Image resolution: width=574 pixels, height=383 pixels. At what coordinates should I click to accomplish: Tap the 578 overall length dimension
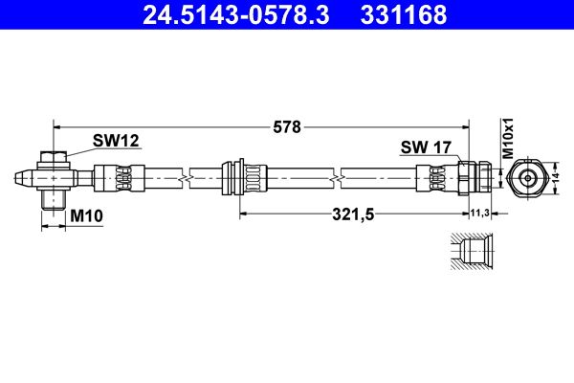tap(287, 125)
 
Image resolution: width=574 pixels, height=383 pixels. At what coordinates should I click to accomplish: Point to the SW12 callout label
tap(116, 141)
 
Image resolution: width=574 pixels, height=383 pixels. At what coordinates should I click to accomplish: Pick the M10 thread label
tap(86, 216)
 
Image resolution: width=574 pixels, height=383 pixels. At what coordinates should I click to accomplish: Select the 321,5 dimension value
tap(353, 214)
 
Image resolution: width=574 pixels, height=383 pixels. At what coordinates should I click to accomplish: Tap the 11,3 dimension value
tap(479, 214)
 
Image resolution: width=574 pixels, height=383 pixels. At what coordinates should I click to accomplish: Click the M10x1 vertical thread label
tap(510, 140)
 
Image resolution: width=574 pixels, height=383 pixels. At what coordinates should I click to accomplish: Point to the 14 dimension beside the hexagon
tap(557, 177)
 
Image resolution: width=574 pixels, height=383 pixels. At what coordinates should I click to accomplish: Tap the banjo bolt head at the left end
tap(54, 158)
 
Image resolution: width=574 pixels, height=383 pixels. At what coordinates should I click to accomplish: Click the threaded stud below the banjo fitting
tap(54, 199)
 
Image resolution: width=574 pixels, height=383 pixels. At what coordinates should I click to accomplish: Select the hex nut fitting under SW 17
tap(468, 177)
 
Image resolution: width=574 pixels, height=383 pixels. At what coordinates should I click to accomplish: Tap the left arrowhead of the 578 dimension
tap(56, 125)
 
